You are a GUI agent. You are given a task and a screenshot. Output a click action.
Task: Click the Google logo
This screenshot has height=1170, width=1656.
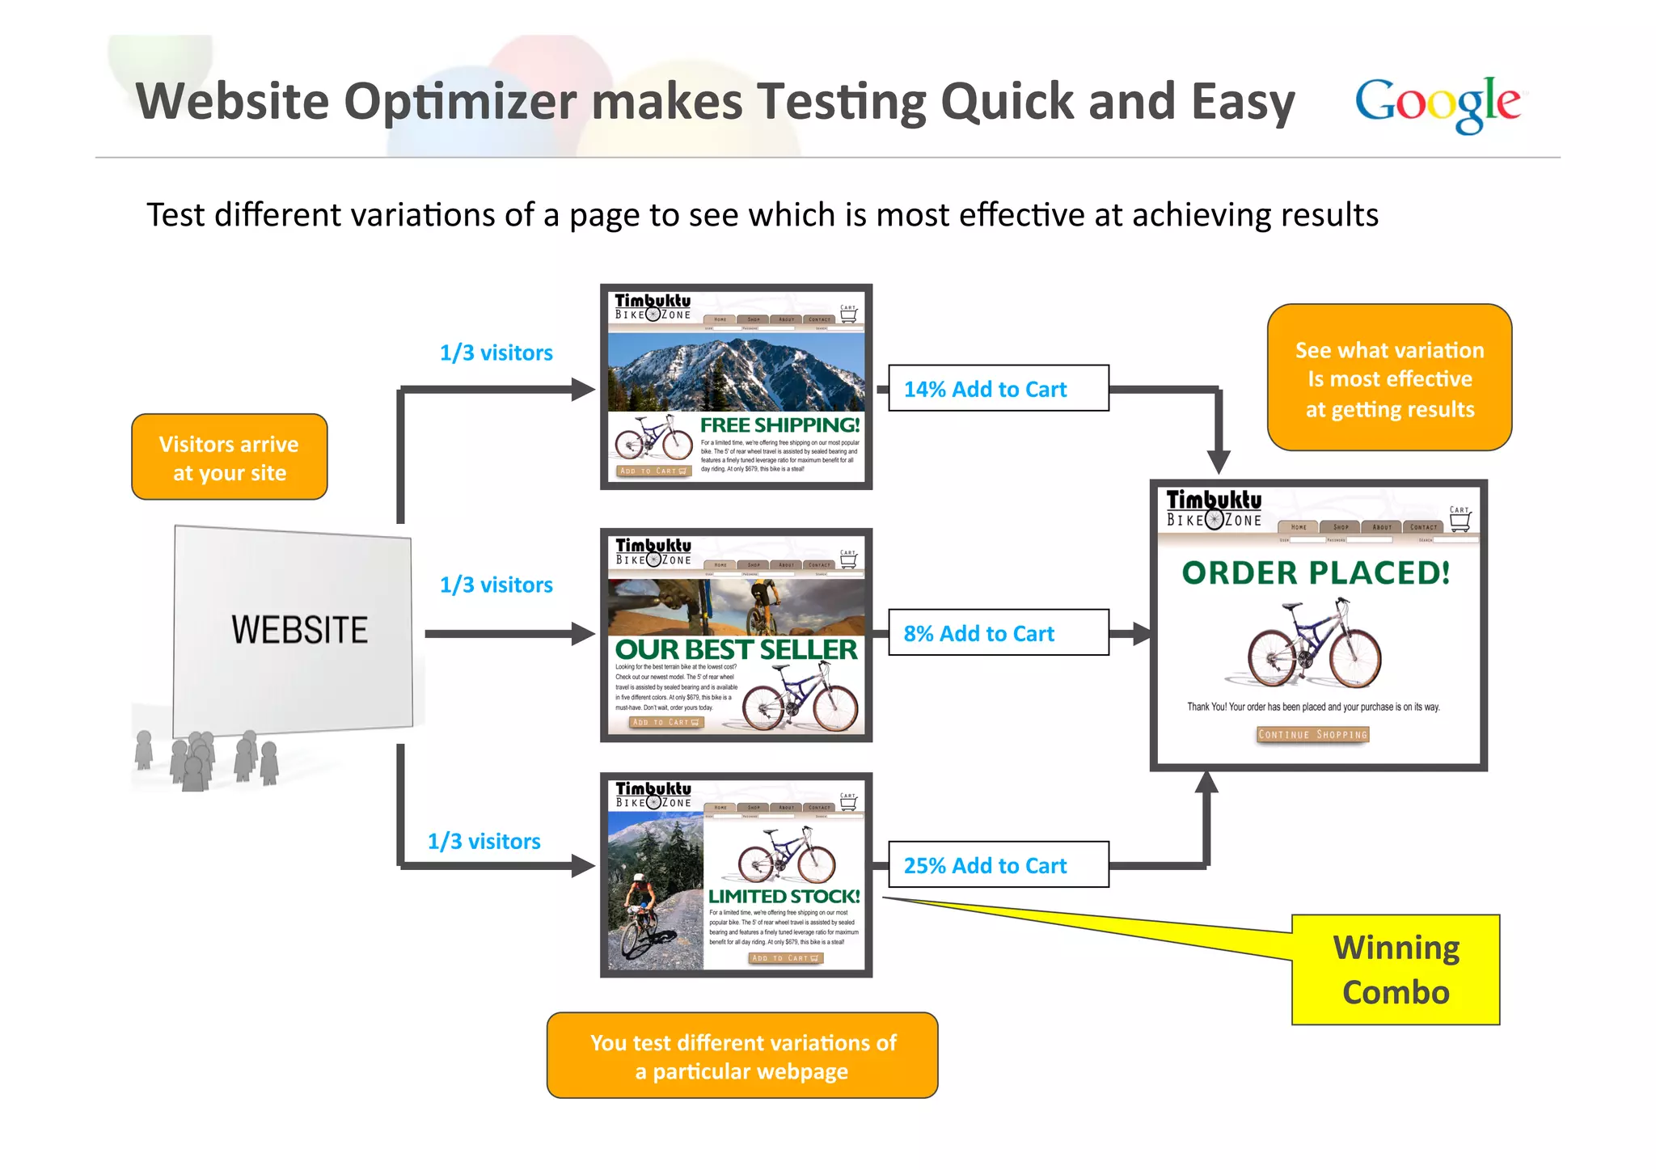point(1437,103)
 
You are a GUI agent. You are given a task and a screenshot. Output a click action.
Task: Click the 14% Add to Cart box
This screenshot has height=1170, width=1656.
point(998,389)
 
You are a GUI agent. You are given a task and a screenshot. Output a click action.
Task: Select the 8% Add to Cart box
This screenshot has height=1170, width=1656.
point(998,633)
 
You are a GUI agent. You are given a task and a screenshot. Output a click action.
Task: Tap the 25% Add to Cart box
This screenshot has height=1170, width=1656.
point(998,865)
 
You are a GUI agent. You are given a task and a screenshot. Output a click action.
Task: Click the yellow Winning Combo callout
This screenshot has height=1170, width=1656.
point(1396,970)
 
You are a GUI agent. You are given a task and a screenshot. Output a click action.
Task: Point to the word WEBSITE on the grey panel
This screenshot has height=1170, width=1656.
point(299,630)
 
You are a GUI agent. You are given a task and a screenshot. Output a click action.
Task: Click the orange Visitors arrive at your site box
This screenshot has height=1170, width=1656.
point(230,458)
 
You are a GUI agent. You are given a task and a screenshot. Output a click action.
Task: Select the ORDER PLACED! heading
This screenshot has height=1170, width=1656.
point(1316,572)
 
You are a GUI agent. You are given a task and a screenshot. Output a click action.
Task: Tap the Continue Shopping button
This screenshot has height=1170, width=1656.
point(1312,734)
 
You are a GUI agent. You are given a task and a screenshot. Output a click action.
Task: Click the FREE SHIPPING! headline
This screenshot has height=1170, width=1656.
point(779,424)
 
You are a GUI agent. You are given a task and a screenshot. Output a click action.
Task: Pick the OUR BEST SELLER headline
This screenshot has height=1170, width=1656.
point(735,649)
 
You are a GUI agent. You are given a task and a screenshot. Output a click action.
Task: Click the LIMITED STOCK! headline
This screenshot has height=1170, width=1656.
point(784,896)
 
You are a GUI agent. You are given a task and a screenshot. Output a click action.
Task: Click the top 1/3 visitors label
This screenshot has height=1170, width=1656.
point(496,353)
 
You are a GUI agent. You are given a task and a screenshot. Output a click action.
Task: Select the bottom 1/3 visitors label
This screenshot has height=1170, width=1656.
point(484,842)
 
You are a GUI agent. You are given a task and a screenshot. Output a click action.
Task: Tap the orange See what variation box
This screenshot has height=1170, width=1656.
point(1389,378)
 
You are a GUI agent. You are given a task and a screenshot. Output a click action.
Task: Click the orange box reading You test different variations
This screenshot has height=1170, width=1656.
point(742,1056)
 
